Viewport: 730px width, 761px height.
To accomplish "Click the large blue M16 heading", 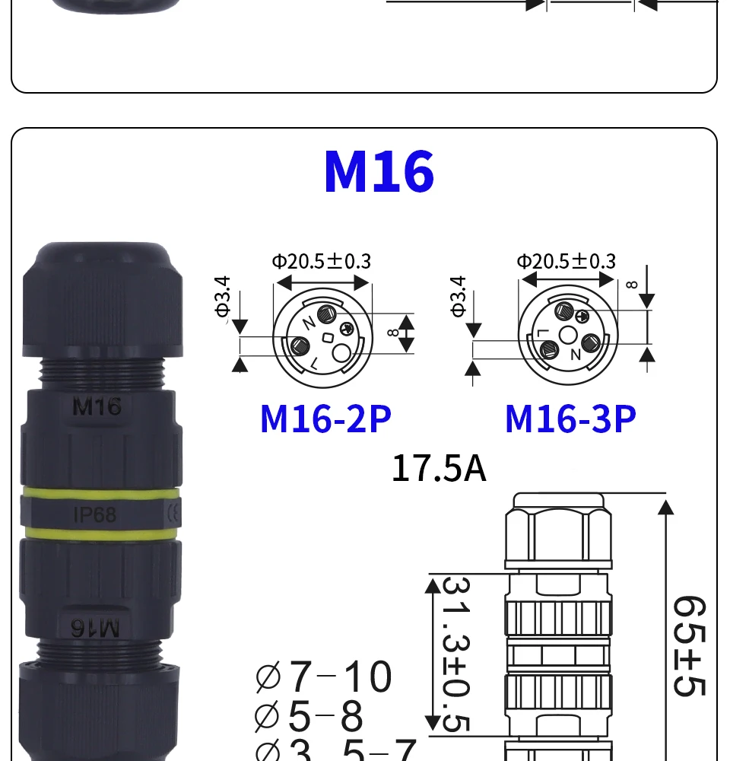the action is tap(379, 172).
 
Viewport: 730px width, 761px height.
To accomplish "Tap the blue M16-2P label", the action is tap(325, 419).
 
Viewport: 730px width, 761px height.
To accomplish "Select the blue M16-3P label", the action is tap(570, 419).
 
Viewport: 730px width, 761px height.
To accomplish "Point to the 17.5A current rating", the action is tap(439, 468).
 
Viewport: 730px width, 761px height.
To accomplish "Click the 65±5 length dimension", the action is tap(689, 645).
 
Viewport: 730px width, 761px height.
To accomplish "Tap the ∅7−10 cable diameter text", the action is tap(323, 677).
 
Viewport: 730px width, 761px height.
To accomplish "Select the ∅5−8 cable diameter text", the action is tap(309, 715).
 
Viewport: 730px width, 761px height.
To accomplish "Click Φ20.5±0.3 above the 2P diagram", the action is tap(321, 262).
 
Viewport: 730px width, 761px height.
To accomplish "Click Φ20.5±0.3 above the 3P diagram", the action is tap(566, 262).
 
